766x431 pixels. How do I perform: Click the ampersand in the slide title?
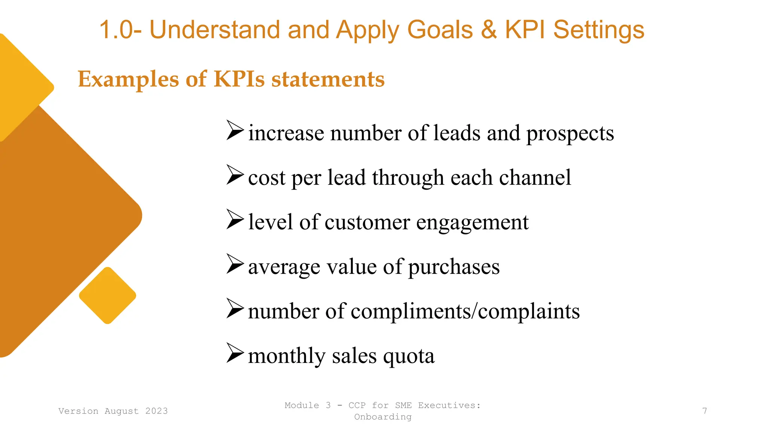click(488, 30)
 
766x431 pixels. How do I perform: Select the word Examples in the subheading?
click(128, 80)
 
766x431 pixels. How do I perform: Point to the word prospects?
click(570, 134)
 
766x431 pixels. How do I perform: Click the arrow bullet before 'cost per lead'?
click(235, 175)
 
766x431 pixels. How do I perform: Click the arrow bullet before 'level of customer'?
click(235, 219)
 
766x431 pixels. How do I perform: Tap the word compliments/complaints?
click(465, 311)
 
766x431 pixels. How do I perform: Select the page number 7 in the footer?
click(705, 411)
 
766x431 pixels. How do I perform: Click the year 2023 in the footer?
click(156, 411)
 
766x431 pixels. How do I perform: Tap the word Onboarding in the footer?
click(383, 417)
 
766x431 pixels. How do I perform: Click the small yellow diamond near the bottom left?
click(108, 296)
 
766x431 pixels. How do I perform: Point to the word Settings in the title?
click(598, 30)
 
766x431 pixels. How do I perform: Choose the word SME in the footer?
click(403, 405)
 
